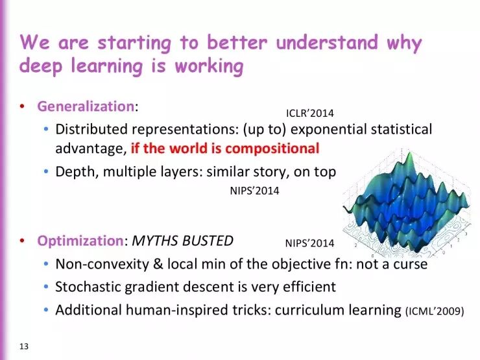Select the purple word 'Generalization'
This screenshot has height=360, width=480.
click(85, 106)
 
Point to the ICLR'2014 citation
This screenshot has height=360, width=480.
click(310, 114)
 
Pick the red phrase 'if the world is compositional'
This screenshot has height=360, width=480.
click(225, 148)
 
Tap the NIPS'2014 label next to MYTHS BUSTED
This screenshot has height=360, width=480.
click(309, 243)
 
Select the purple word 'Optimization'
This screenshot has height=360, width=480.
click(80, 241)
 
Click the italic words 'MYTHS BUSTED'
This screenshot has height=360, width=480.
click(182, 241)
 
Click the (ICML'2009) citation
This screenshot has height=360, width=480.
click(435, 311)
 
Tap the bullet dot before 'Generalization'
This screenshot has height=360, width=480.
click(23, 106)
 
